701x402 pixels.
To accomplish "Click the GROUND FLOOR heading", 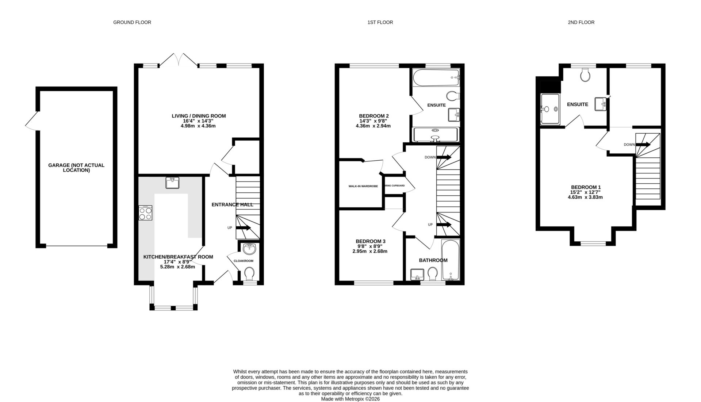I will (x=132, y=22).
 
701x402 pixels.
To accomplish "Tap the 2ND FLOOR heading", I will (x=581, y=22).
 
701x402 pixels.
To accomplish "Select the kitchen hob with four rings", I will (x=145, y=213).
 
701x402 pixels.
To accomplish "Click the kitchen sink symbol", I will (x=172, y=183).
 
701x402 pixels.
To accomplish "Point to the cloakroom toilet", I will (x=249, y=273).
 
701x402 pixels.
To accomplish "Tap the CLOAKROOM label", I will (x=243, y=261).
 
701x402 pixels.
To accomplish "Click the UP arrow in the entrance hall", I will (x=243, y=228).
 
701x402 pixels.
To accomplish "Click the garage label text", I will (x=76, y=168).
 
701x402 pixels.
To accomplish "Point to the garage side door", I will (x=31, y=121).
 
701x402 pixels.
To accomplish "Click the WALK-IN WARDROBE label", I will (x=363, y=186).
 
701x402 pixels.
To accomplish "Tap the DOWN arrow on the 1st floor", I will (x=443, y=157).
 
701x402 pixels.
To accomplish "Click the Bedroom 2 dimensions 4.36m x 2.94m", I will (x=373, y=126).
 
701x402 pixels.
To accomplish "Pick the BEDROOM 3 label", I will (x=370, y=241).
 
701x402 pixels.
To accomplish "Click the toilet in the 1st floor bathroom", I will (x=433, y=273).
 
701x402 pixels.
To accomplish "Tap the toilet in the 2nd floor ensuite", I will (x=585, y=75).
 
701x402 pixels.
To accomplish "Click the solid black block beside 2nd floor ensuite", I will (x=550, y=86).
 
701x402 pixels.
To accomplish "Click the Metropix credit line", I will (x=350, y=399).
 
